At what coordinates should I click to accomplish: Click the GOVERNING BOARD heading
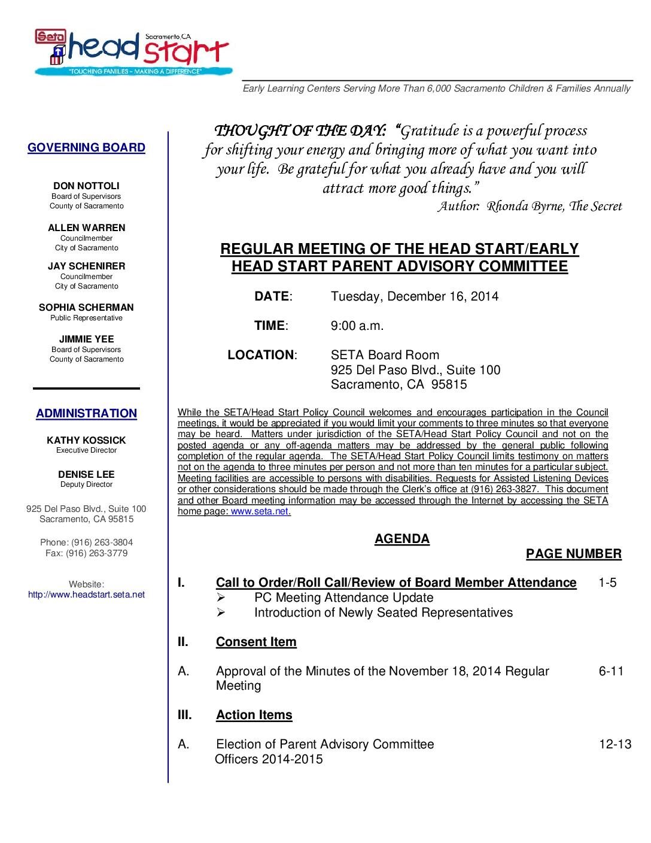(x=86, y=147)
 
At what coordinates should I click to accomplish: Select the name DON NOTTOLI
(x=86, y=186)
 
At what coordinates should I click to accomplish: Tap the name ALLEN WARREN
(x=86, y=228)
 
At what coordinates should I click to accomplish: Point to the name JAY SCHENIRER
(x=86, y=266)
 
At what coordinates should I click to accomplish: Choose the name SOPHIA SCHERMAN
(x=86, y=307)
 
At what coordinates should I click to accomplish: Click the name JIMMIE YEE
(x=86, y=339)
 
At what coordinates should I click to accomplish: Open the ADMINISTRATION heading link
(x=86, y=413)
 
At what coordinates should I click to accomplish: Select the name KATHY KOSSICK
(x=86, y=440)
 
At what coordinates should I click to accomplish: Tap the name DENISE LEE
(x=86, y=474)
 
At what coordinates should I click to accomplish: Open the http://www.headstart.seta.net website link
(x=86, y=595)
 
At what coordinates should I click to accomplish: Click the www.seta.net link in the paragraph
(x=260, y=512)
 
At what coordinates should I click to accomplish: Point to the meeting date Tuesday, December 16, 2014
(x=414, y=296)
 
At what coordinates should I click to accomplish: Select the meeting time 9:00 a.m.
(x=357, y=326)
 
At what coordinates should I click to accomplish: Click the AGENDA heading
(x=401, y=539)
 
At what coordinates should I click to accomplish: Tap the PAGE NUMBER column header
(x=573, y=554)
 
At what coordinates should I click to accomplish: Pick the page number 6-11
(x=610, y=671)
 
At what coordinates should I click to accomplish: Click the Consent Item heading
(x=256, y=642)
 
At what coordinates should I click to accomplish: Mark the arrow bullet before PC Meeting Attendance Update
(x=220, y=598)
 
